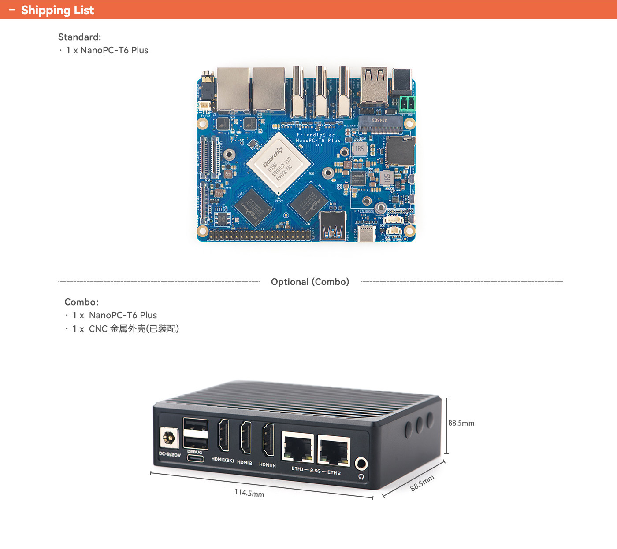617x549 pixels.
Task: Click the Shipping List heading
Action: tap(57, 10)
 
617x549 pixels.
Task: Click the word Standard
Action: tap(79, 37)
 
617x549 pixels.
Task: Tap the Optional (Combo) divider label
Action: tap(310, 282)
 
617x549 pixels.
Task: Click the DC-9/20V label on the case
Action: tap(170, 454)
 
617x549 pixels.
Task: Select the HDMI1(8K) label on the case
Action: tap(223, 460)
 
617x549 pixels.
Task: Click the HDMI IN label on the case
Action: tap(267, 465)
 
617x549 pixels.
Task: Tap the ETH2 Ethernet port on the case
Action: tap(333, 452)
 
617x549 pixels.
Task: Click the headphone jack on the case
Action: tap(361, 464)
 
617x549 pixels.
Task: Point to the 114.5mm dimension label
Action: tap(249, 493)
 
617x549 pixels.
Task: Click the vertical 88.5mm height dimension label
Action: tap(461, 423)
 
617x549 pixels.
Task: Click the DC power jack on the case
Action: tap(168, 438)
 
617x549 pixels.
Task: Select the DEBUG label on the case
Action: tap(194, 452)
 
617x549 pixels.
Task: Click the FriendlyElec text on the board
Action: tap(316, 135)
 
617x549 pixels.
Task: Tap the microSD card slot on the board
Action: tap(400, 151)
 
